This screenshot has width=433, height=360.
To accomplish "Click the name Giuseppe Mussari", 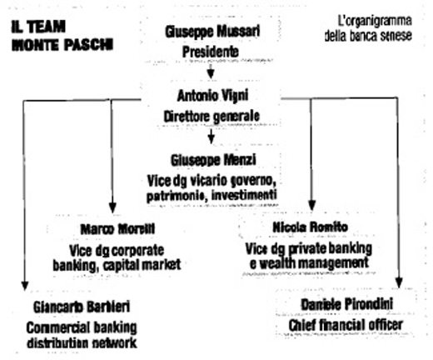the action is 212,32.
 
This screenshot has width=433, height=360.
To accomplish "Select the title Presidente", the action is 211,52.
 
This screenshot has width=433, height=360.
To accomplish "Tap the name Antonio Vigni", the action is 212,96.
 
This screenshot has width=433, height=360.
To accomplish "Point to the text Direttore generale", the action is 212,117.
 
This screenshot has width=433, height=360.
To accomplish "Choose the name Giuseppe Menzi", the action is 213,160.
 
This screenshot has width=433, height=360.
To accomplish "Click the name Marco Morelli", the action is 117,229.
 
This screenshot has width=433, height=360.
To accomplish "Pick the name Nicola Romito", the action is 310,227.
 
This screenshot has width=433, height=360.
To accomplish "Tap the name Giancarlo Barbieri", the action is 82,307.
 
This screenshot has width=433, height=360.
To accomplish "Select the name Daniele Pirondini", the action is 347,304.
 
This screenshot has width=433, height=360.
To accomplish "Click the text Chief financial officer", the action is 346,325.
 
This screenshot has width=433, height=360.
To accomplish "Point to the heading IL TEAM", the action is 38,27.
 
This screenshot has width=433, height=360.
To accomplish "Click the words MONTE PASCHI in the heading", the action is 62,45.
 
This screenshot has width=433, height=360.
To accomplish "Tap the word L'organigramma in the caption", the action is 375,21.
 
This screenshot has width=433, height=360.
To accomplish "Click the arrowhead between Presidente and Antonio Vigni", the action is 211,73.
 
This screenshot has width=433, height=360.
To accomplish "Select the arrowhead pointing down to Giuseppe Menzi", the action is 212,138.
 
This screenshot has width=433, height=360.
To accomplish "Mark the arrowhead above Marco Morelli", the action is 112,207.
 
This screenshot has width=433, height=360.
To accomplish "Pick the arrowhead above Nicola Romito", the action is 312,206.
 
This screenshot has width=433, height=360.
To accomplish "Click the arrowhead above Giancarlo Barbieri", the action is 25,286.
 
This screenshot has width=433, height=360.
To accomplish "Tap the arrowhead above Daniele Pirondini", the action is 399,282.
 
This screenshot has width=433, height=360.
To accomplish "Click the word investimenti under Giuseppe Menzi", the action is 244,195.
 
